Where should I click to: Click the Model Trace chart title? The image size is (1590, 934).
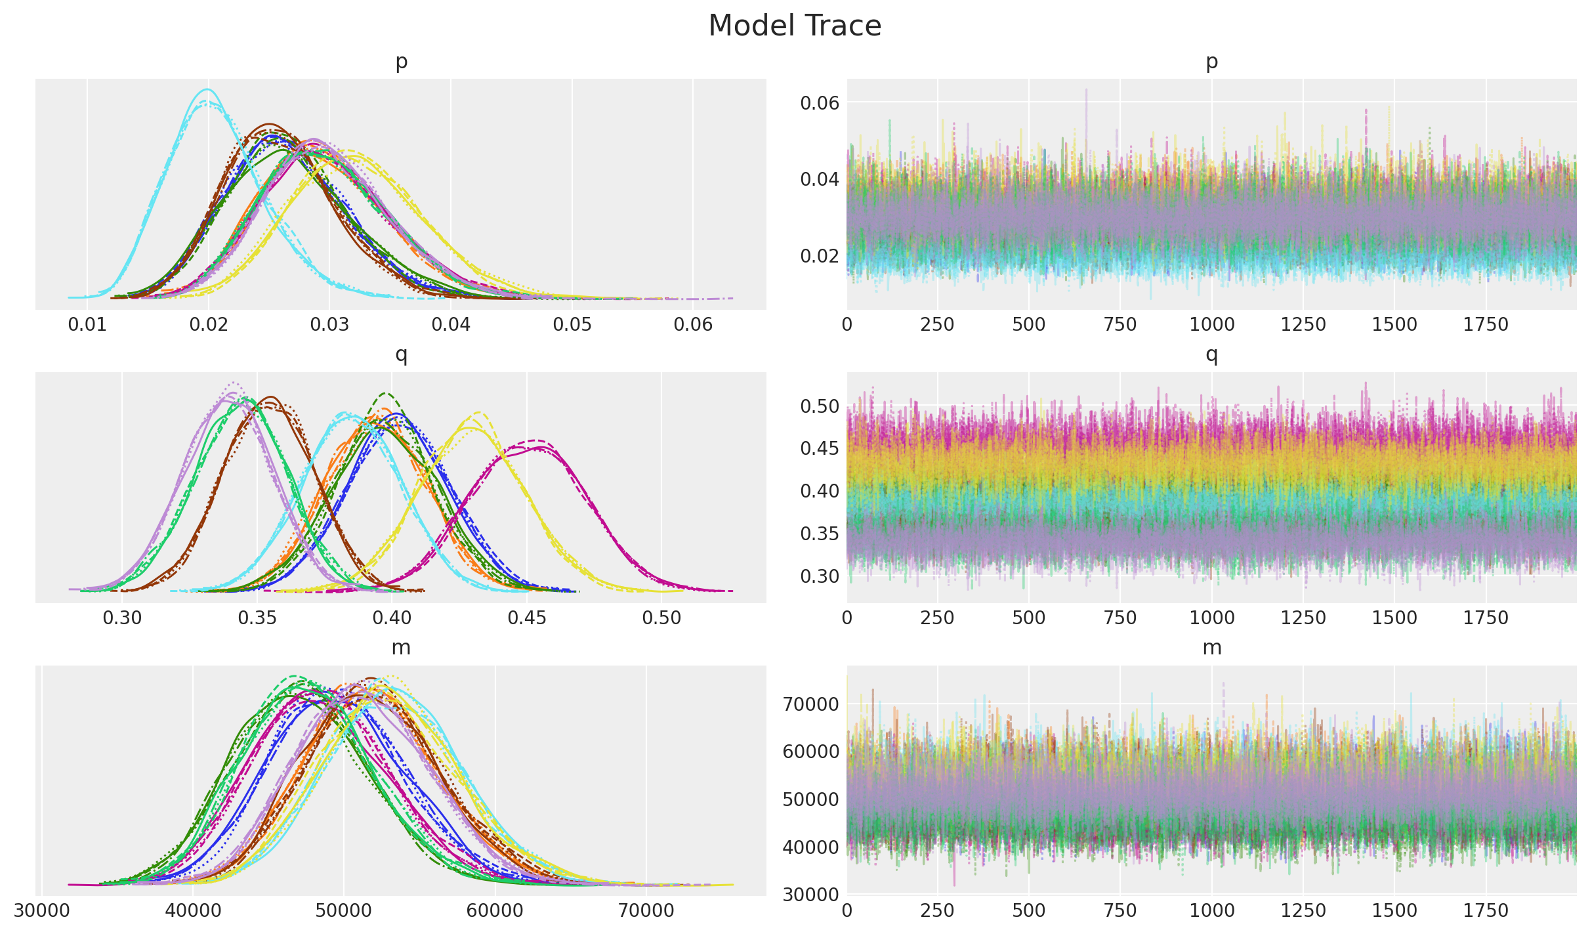pyautogui.click(x=795, y=26)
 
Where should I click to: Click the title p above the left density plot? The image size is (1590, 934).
pyautogui.click(x=401, y=62)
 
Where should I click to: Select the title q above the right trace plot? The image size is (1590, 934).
pyautogui.click(x=1211, y=355)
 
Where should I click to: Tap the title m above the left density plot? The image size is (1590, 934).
pyautogui.click(x=401, y=648)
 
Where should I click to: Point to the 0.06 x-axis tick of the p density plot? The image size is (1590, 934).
pyautogui.click(x=693, y=325)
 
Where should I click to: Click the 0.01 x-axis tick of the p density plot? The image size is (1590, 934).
pyautogui.click(x=87, y=325)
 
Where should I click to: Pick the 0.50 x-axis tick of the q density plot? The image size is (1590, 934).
pyautogui.click(x=661, y=618)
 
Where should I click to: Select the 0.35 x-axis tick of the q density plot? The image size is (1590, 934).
pyautogui.click(x=257, y=618)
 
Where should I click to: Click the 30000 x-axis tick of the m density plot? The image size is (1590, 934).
pyautogui.click(x=41, y=911)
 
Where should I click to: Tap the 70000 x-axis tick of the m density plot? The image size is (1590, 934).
pyautogui.click(x=646, y=911)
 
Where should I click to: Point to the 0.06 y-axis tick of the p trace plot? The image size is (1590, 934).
pyautogui.click(x=820, y=103)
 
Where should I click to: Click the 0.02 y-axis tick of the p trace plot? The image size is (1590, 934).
pyautogui.click(x=820, y=255)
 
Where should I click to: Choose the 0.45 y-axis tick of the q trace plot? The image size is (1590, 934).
pyautogui.click(x=820, y=449)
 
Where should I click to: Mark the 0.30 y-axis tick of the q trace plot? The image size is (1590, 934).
pyautogui.click(x=820, y=576)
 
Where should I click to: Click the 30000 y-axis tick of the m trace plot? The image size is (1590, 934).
pyautogui.click(x=811, y=895)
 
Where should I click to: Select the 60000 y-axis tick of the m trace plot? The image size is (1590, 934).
pyautogui.click(x=811, y=752)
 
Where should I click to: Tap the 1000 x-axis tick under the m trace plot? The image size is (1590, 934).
pyautogui.click(x=1211, y=911)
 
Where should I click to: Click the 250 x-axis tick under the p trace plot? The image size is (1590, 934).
pyautogui.click(x=937, y=325)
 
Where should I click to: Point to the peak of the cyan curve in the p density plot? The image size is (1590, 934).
pyautogui.click(x=208, y=89)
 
